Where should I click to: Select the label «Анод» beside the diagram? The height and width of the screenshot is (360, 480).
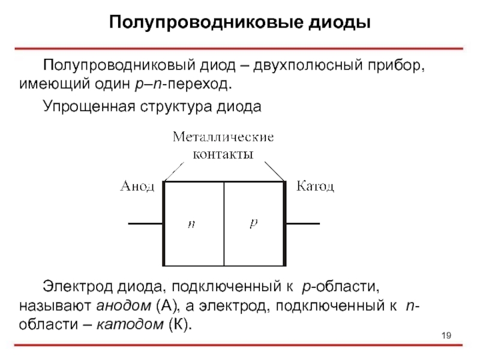pyautogui.click(x=137, y=187)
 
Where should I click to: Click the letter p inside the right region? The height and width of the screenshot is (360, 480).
pyautogui.click(x=253, y=223)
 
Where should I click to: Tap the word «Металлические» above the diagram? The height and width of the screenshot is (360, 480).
pyautogui.click(x=223, y=137)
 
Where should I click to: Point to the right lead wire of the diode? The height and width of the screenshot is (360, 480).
pyautogui.click(x=304, y=224)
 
